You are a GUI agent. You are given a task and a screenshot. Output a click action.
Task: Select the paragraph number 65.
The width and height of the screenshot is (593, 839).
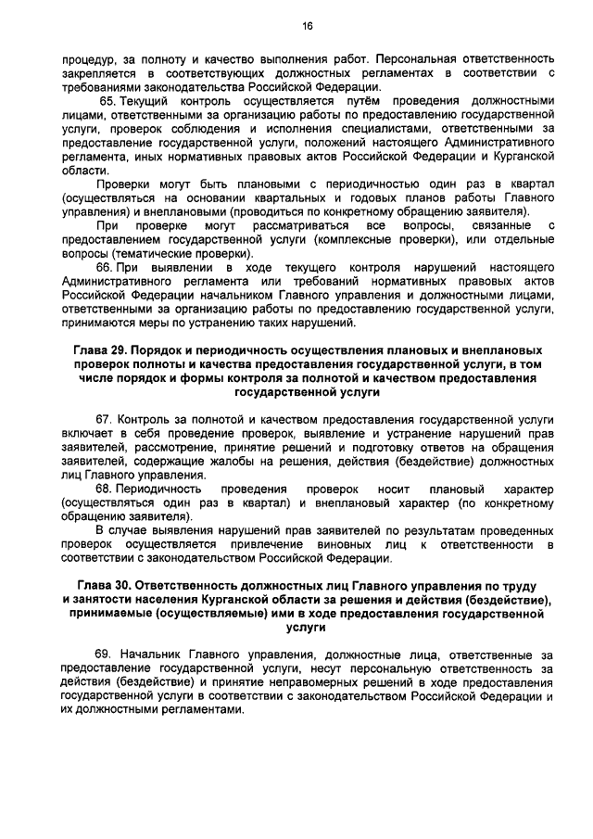tap(108, 100)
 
